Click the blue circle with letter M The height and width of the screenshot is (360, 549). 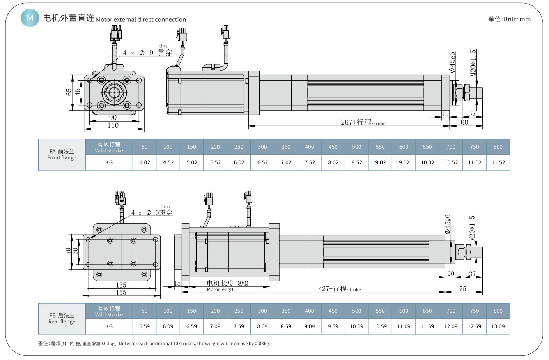[30, 18]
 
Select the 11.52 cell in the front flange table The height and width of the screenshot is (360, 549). [498, 162]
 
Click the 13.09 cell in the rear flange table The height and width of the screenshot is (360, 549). [498, 326]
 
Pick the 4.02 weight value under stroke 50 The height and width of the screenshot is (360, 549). [145, 162]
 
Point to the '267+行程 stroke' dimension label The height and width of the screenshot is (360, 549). [363, 122]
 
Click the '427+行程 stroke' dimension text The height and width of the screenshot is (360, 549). [340, 289]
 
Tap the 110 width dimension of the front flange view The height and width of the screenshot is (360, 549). [113, 125]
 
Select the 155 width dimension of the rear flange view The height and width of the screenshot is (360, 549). [121, 292]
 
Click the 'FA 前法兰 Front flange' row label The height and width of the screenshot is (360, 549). [62, 154]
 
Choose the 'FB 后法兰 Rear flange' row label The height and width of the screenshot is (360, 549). [62, 318]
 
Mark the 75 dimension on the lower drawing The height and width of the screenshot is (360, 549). [463, 289]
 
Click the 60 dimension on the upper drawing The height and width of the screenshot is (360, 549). [464, 122]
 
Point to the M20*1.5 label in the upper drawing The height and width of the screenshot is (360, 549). [473, 63]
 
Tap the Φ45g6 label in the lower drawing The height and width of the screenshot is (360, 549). [448, 224]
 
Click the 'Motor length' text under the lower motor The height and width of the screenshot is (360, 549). [221, 289]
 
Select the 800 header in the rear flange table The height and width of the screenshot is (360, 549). [498, 311]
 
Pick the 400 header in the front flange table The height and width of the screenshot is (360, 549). [309, 147]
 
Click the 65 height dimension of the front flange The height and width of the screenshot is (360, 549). [69, 92]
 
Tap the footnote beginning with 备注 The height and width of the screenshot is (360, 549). [154, 344]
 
